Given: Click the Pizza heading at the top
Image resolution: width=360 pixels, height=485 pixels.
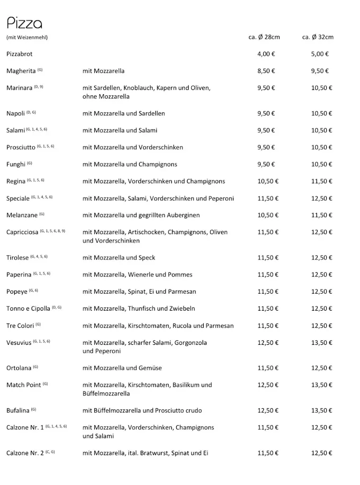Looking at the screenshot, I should [24, 23].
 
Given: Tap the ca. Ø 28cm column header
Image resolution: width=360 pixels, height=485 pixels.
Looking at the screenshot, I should [264, 37].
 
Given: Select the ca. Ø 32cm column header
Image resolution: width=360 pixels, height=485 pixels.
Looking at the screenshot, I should [317, 37].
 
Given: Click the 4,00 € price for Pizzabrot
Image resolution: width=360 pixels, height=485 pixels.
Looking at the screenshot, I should [266, 54].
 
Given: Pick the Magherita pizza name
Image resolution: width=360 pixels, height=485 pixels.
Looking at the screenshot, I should [21, 71].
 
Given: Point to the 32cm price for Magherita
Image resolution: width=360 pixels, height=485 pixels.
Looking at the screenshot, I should [320, 71].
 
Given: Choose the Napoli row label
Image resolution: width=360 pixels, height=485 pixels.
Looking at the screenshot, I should [16, 114].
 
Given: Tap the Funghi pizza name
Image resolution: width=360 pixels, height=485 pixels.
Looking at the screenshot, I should [16, 164].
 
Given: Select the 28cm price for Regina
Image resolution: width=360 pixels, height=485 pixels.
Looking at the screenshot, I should [268, 181].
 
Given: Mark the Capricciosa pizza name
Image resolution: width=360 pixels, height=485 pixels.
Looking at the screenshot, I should [22, 232].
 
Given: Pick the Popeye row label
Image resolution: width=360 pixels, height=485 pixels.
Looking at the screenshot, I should [17, 292].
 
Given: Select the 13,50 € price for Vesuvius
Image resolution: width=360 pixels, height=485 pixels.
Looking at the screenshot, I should [322, 342].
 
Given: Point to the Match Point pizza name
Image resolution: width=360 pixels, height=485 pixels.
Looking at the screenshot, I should [24, 385].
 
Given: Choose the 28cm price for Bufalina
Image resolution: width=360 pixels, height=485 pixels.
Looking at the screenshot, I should [268, 411].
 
